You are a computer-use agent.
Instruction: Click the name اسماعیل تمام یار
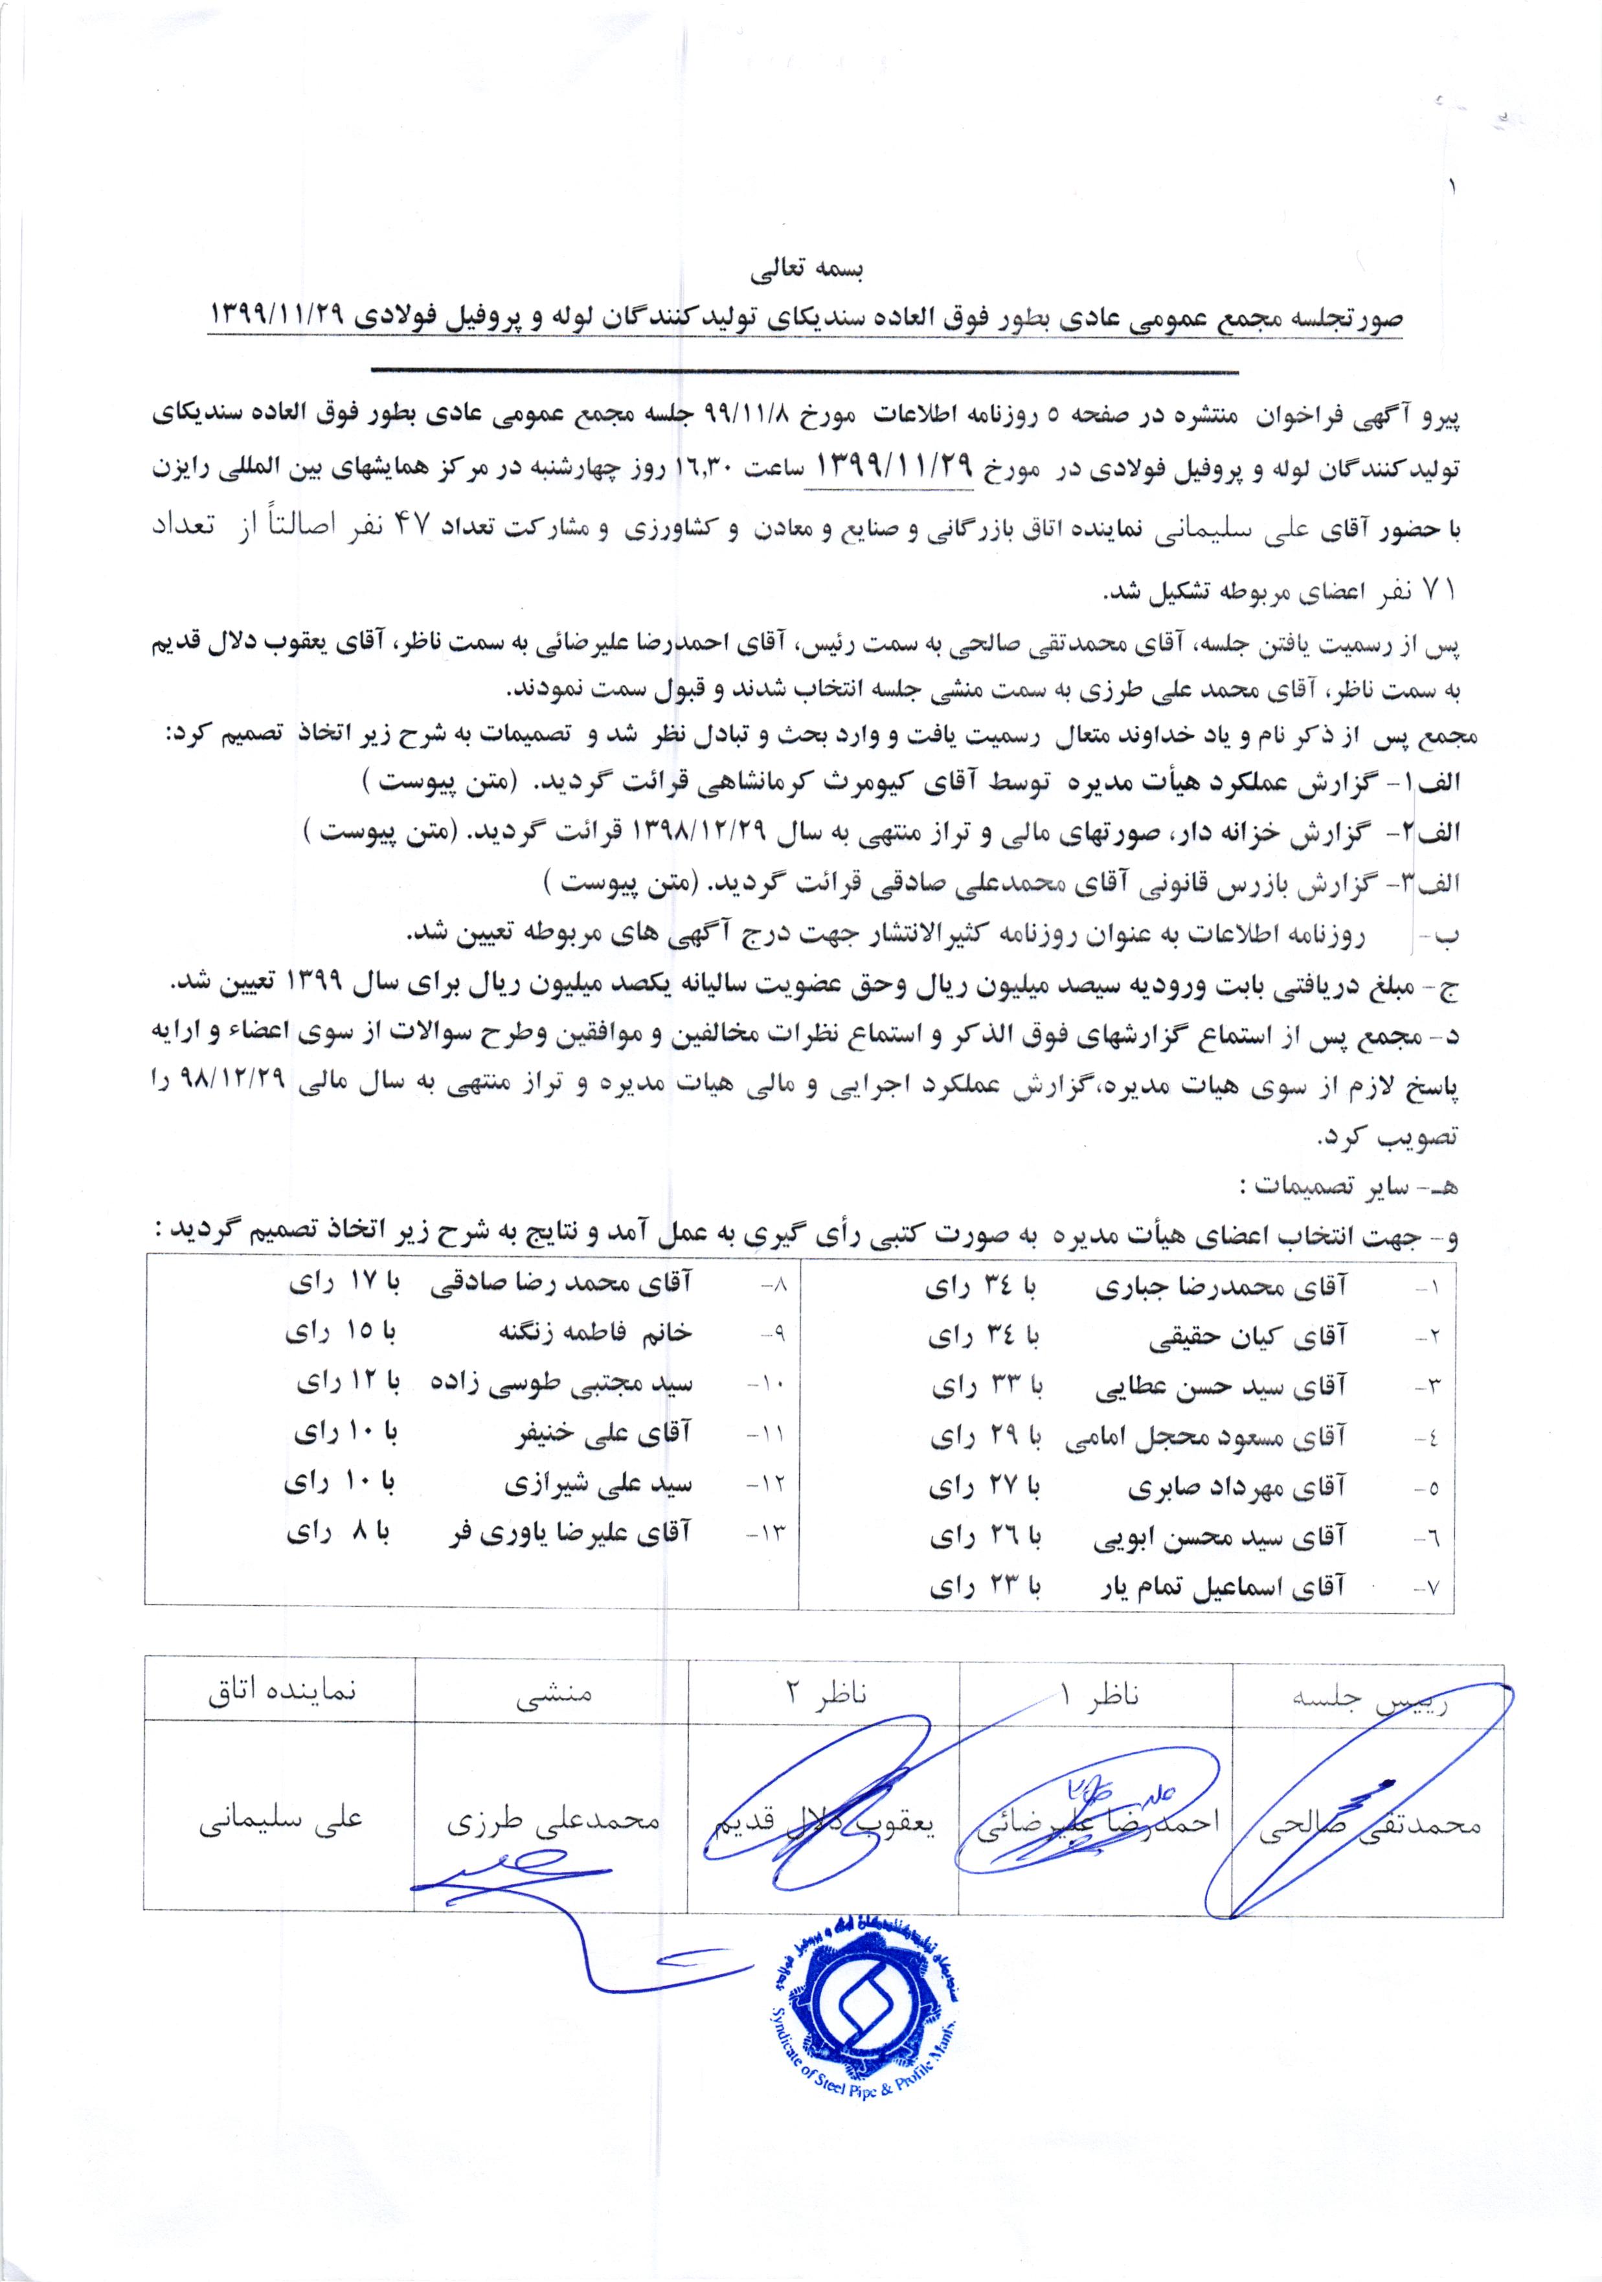[1212, 1587]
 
